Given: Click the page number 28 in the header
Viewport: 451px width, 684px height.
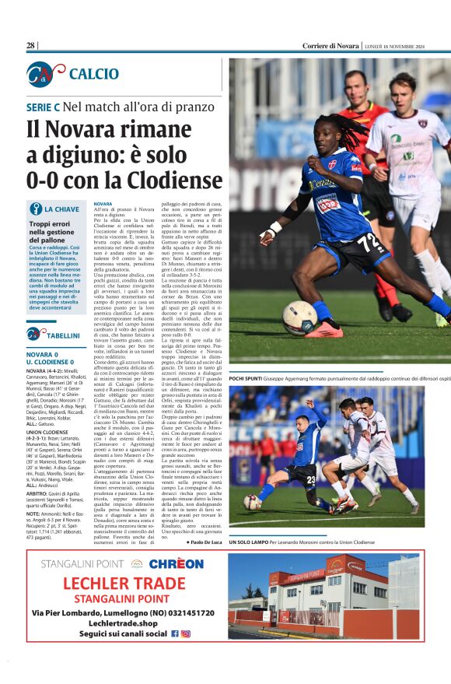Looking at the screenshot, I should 31,46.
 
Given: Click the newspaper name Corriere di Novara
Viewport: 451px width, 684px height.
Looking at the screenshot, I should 331,46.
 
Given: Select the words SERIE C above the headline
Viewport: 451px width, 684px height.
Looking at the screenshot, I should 44,106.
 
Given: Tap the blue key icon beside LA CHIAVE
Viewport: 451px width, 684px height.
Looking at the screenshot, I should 36,209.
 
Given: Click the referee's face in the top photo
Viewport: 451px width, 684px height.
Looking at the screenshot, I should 357,86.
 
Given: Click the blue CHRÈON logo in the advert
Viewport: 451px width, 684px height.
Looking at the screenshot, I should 177,563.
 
